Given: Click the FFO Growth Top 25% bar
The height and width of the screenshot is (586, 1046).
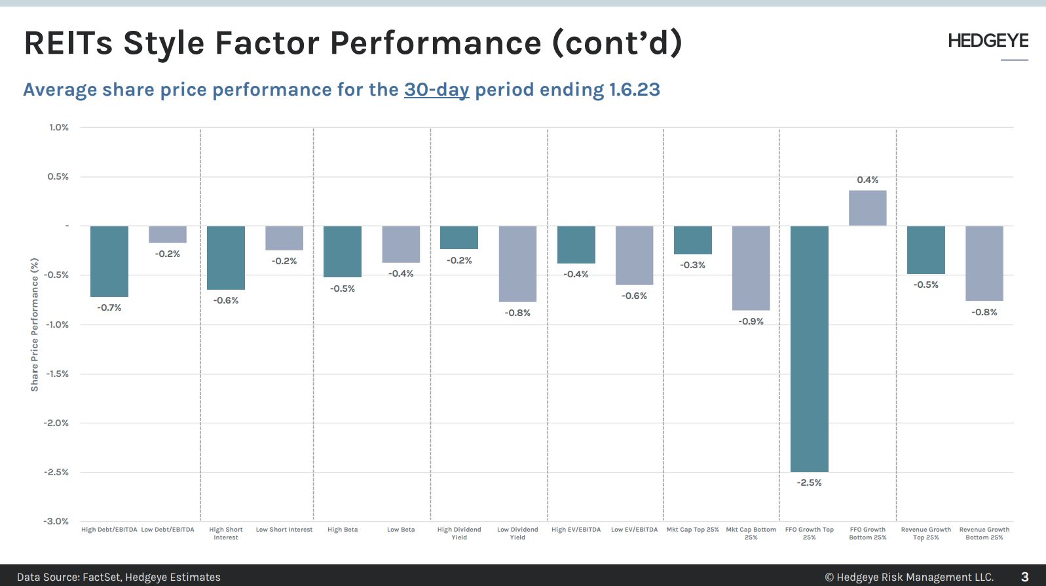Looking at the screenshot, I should pyautogui.click(x=809, y=349).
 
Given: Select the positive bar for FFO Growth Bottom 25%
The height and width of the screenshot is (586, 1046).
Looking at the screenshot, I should pyautogui.click(x=867, y=208).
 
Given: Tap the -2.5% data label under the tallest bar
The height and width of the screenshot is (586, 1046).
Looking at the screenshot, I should pyautogui.click(x=809, y=482).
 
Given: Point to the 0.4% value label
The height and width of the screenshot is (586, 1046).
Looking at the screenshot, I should pyautogui.click(x=867, y=180).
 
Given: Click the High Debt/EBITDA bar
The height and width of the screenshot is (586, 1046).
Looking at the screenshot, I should pyautogui.click(x=109, y=261).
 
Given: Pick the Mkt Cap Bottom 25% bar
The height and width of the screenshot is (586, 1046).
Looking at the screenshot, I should pyautogui.click(x=751, y=268).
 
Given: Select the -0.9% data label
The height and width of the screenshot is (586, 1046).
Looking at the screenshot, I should pyautogui.click(x=751, y=321).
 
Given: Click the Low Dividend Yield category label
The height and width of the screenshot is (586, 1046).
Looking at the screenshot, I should pyautogui.click(x=517, y=533).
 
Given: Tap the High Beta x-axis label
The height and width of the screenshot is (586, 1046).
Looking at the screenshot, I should pyautogui.click(x=343, y=530).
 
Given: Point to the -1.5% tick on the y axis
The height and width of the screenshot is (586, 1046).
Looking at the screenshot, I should pyautogui.click(x=57, y=374).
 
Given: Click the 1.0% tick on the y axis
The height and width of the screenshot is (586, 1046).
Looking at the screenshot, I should pyautogui.click(x=58, y=127).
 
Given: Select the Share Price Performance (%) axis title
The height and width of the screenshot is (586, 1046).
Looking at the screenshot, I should pyautogui.click(x=35, y=324).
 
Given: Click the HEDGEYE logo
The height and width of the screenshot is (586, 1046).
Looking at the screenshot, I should pyautogui.click(x=988, y=41).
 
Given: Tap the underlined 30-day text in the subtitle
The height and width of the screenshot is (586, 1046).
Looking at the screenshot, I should pyautogui.click(x=436, y=89).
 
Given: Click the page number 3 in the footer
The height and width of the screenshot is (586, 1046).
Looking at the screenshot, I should pyautogui.click(x=1024, y=577).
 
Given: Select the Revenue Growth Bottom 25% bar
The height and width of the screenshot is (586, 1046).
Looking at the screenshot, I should pyautogui.click(x=984, y=264).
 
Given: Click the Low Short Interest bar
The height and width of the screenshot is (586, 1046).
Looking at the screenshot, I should pyautogui.click(x=284, y=238).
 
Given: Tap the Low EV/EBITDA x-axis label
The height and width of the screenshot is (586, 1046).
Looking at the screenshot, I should pyautogui.click(x=634, y=530).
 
